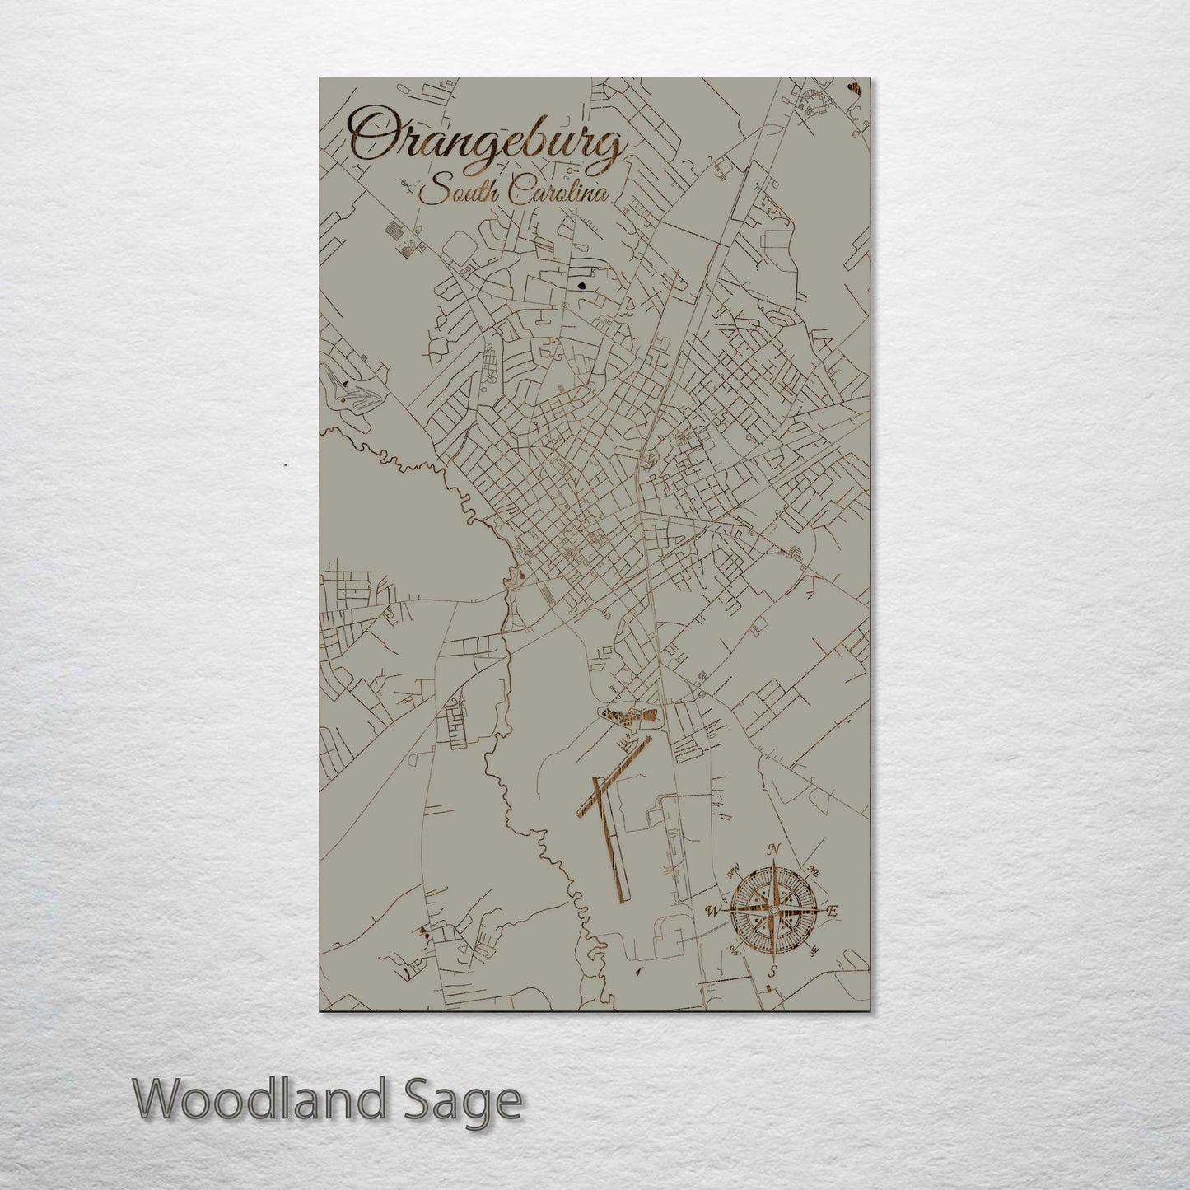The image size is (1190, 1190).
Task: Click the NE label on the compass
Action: coord(813,870)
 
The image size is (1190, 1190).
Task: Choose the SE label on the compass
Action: coord(814,952)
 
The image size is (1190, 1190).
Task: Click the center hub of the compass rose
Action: coord(772,910)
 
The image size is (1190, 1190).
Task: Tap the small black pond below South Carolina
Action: coord(583,287)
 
